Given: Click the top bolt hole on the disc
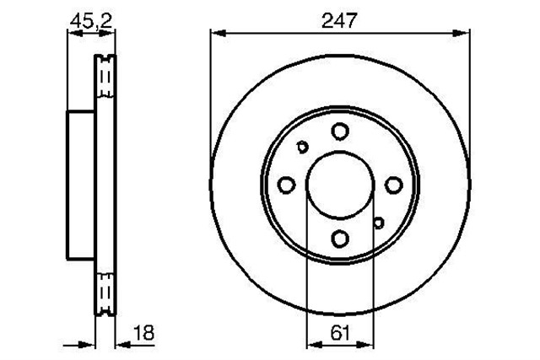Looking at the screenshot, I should click(340, 131).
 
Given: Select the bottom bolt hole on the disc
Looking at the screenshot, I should click(340, 239).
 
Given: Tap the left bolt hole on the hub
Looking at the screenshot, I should click(286, 185).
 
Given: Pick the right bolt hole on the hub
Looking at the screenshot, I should click(394, 185).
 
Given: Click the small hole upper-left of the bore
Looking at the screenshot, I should click(303, 148).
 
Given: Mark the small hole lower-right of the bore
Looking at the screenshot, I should click(379, 223).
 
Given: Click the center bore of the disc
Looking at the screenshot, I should click(340, 185).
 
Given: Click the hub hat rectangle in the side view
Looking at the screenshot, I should click(79, 185).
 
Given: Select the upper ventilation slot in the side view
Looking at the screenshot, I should click(105, 80).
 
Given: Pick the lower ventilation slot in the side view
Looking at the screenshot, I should click(105, 290).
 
